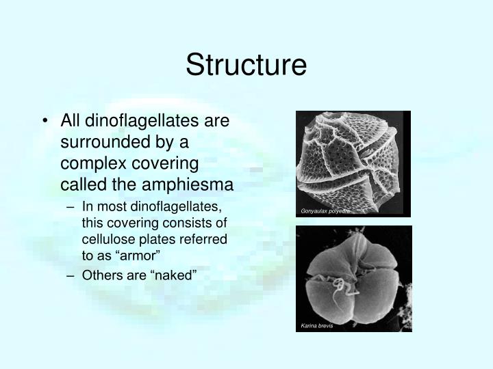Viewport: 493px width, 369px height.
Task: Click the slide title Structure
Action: tap(246, 65)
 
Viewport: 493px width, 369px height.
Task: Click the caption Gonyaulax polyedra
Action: tap(325, 212)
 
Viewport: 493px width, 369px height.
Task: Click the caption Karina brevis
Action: tap(317, 325)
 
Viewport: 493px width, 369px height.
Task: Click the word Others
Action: tap(100, 275)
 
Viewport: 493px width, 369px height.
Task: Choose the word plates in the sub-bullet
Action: tap(153, 240)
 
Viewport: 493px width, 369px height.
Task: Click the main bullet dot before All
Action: tap(45, 122)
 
